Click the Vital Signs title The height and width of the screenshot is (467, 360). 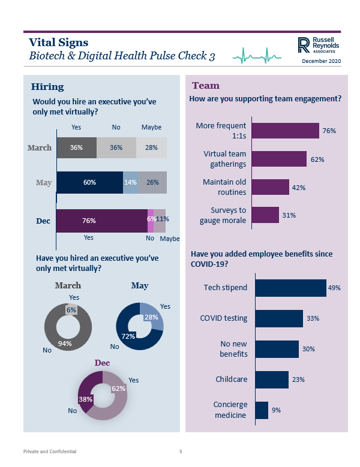[x=58, y=43]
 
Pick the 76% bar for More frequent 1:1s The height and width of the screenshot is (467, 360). [x=285, y=131]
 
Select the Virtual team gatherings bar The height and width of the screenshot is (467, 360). [x=279, y=158]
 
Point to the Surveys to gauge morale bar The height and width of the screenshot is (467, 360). [x=265, y=215]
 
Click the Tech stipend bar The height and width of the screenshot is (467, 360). [x=290, y=288]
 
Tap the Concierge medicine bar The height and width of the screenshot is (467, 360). [x=262, y=410]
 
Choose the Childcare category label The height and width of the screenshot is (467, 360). [x=232, y=379]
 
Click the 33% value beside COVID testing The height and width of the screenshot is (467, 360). [x=313, y=318]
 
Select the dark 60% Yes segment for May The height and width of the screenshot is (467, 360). [x=89, y=183]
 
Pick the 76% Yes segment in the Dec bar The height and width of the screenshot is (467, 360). [x=101, y=220]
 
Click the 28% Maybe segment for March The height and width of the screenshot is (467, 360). [x=151, y=147]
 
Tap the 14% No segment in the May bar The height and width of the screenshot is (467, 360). [x=131, y=183]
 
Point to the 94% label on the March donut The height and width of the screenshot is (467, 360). [x=65, y=344]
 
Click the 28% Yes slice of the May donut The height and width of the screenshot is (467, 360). [x=153, y=316]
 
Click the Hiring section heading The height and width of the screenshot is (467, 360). [x=47, y=87]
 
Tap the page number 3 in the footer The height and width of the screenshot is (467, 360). [x=180, y=451]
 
